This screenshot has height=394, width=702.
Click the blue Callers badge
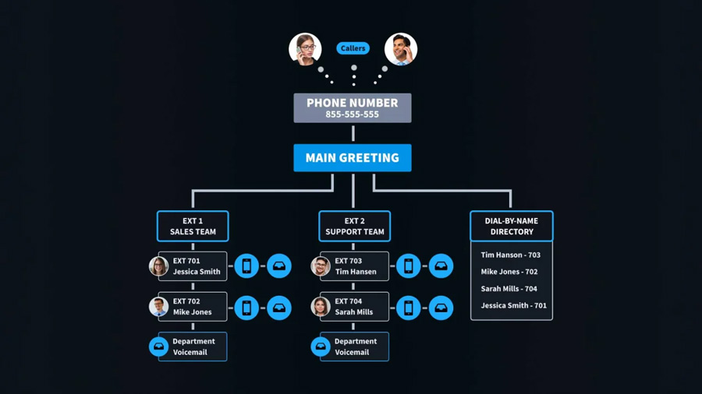pyautogui.click(x=353, y=48)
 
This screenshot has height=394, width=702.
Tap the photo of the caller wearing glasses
pyautogui.click(x=305, y=49)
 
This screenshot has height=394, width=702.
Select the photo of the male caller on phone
pyautogui.click(x=401, y=49)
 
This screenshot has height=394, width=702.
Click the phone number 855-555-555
pyautogui.click(x=353, y=114)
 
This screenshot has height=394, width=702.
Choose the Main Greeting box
pyautogui.click(x=353, y=158)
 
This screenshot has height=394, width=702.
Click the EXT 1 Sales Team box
pyautogui.click(x=193, y=226)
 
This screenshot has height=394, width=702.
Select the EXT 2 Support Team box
pyautogui.click(x=355, y=226)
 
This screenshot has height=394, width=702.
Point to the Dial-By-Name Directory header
pyautogui.click(x=512, y=226)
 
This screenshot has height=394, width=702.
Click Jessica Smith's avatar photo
pyautogui.click(x=158, y=266)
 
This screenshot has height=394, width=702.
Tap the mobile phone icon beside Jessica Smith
pyautogui.click(x=246, y=266)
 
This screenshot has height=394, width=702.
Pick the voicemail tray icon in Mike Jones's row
pyautogui.click(x=279, y=308)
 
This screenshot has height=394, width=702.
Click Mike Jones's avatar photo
pyautogui.click(x=158, y=307)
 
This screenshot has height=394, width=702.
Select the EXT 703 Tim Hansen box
pyautogui.click(x=355, y=266)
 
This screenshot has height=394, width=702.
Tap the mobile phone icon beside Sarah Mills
pyautogui.click(x=408, y=308)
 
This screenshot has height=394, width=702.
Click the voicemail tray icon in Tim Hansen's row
pyautogui.click(x=441, y=266)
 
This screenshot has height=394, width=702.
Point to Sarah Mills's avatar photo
pyautogui.click(x=321, y=307)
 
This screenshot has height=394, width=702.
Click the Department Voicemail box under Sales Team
pyautogui.click(x=193, y=347)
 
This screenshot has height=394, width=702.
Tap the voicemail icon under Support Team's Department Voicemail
pyautogui.click(x=321, y=347)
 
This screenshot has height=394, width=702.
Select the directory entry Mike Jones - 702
pyautogui.click(x=509, y=272)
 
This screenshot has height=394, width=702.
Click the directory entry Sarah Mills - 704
pyautogui.click(x=509, y=289)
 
